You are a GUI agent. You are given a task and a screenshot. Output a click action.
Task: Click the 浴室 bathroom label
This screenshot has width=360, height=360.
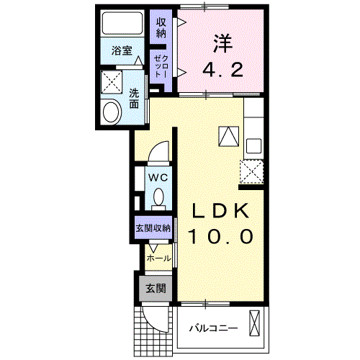(x=122, y=50)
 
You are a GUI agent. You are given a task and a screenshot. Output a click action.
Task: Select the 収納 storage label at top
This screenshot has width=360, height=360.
(x=161, y=27)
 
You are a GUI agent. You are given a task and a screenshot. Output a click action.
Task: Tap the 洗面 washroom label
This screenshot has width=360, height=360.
(x=135, y=98)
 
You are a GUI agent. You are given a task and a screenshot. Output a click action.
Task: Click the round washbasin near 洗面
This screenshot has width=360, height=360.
(x=112, y=112)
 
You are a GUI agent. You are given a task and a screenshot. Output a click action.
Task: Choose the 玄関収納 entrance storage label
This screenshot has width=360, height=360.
(x=153, y=228)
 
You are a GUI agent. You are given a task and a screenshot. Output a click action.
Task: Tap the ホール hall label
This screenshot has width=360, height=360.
(x=158, y=258)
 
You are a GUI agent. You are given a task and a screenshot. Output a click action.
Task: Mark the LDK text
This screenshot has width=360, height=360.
(x=220, y=210)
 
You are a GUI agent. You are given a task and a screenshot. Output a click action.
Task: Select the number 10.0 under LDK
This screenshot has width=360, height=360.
(x=220, y=236)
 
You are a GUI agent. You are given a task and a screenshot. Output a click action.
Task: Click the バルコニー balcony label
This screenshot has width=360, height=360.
(x=213, y=328)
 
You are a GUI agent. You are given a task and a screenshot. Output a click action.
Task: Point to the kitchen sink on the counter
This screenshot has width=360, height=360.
(x=253, y=145)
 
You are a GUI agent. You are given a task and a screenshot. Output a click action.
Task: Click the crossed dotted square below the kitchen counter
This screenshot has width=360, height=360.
(x=253, y=171)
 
